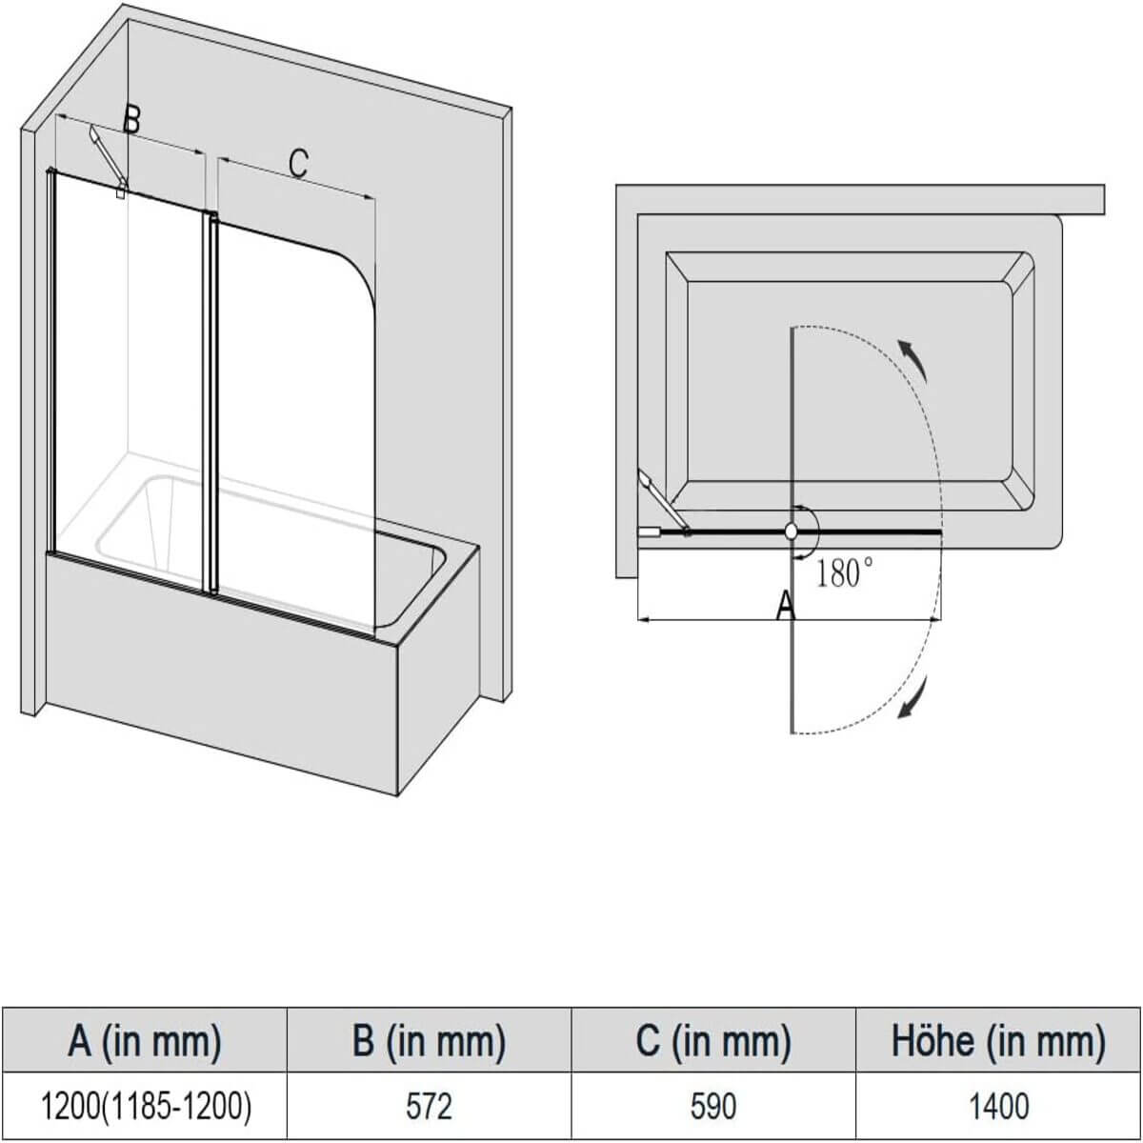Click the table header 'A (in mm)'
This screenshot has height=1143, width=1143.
pos(144,1041)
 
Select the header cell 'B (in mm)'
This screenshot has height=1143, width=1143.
pos(428,1041)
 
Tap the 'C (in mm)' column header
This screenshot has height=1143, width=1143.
pos(712,1041)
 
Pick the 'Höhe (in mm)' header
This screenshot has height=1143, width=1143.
pos(998,1041)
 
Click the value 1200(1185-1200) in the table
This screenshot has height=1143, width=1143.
pos(144,1106)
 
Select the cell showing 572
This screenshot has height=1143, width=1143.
pos(428,1106)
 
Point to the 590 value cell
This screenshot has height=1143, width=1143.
pos(712,1106)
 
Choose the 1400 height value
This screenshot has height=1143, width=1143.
pos(998,1106)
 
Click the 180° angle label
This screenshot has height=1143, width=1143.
pos(845,574)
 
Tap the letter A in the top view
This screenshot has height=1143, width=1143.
pos(785,605)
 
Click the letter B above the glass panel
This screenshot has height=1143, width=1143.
pos(131,120)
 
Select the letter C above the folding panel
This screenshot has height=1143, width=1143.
pos(298,163)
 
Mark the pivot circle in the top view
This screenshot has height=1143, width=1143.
pos(791,532)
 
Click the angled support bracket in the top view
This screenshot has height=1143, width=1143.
pos(664,498)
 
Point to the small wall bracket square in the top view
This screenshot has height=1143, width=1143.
pos(649,533)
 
